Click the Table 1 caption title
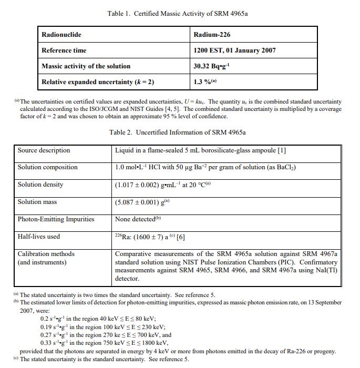tap(177, 13)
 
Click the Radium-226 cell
tap(212, 35)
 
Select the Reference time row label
tap(64, 50)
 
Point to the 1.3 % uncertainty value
tap(205, 82)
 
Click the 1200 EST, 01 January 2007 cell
tap(234, 50)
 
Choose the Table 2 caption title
tap(178, 132)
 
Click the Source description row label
tap(44, 150)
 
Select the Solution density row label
tap(40, 185)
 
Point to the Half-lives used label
tap(39, 237)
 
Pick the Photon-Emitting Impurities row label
tap(56, 219)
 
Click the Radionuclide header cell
tap(61, 35)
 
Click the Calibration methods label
tap(46, 254)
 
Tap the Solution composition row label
tap(47, 167)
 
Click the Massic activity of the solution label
tap(86, 66)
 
